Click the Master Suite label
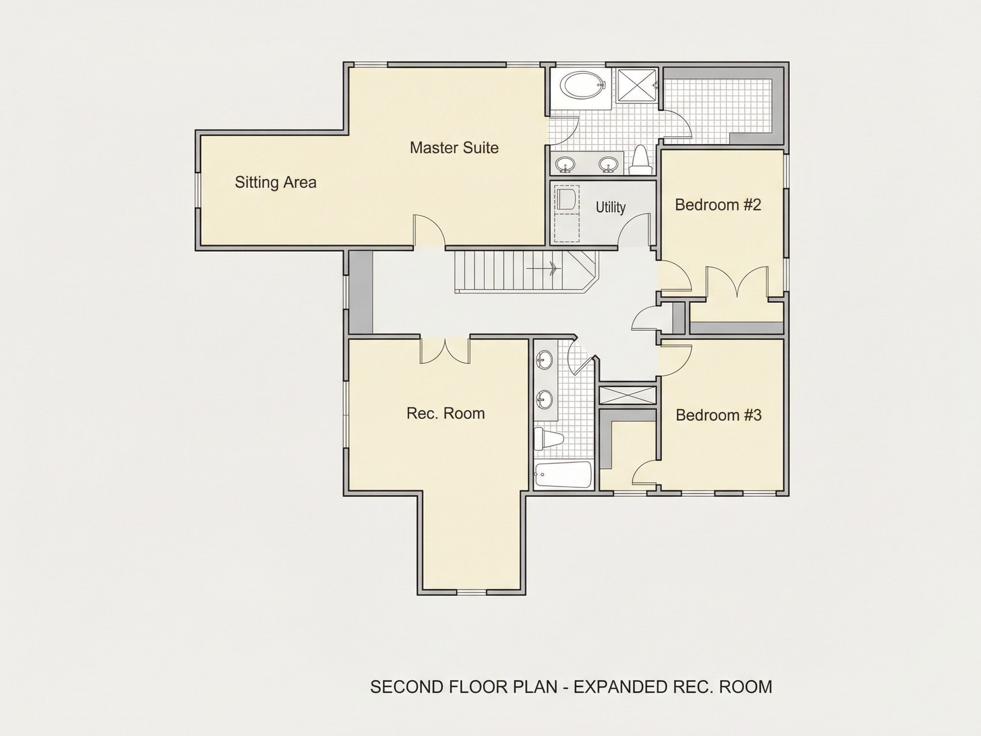(454, 148)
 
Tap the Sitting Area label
(275, 182)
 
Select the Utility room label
(610, 207)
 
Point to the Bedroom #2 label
(717, 204)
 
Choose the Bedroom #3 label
(718, 415)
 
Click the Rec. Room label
(446, 414)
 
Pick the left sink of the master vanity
(565, 164)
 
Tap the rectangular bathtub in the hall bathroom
(563, 475)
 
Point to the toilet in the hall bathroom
(548, 438)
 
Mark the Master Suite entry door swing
(429, 231)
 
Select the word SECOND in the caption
(407, 687)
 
